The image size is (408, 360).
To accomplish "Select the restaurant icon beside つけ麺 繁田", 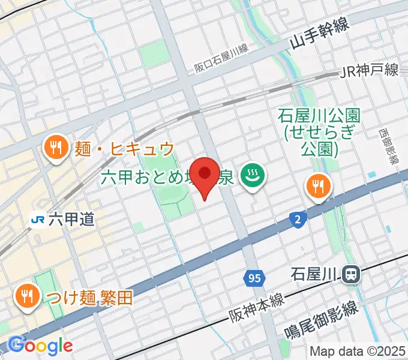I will pos(26,296).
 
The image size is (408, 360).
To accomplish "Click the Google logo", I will pos(40,346).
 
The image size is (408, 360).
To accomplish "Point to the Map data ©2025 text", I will pos(358,351).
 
